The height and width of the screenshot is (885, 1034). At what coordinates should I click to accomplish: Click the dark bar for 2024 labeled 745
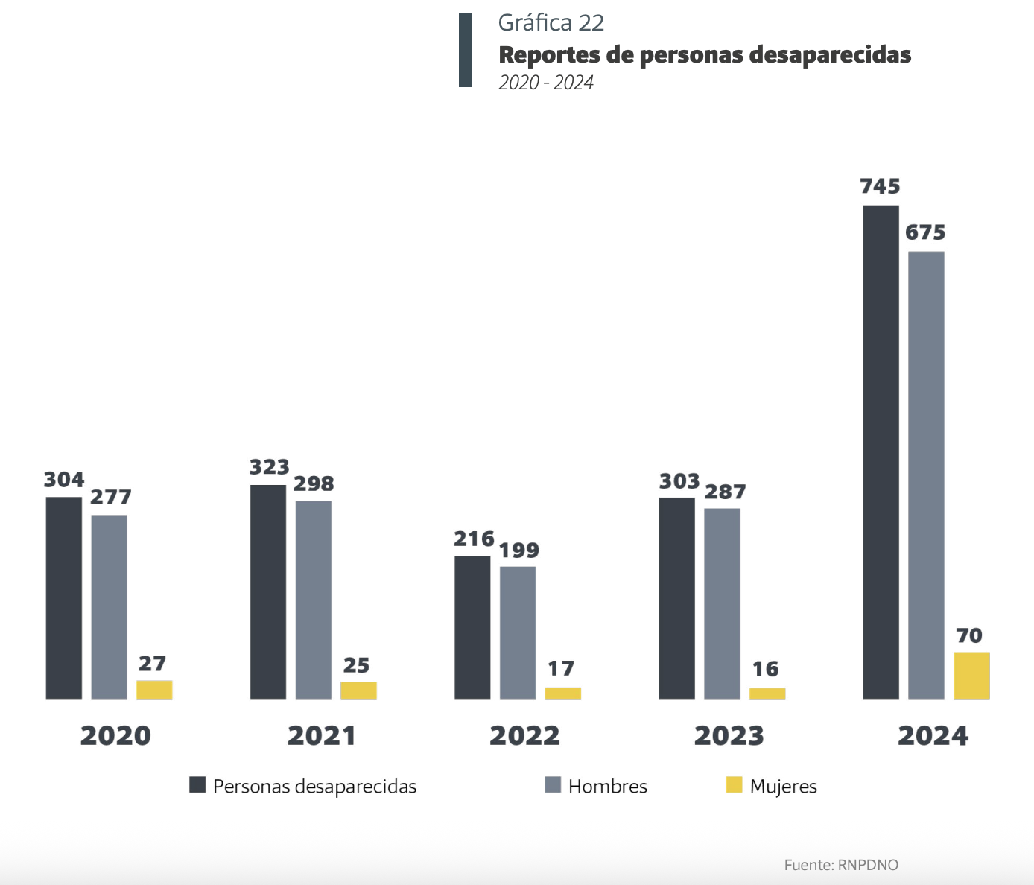881,451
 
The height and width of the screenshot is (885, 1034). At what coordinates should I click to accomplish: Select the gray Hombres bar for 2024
926,475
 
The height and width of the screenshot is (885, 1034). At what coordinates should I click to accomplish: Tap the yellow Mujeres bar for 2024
971,676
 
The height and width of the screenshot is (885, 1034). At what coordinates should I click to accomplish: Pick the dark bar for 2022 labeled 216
472,627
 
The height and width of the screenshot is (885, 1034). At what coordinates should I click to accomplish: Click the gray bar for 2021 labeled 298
313,600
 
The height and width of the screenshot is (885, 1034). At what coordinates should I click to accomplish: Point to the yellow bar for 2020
154,690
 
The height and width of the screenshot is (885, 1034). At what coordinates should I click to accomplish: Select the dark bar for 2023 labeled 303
676,598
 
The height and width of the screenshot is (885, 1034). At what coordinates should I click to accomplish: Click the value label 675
925,233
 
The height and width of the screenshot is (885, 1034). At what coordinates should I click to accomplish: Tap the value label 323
269,467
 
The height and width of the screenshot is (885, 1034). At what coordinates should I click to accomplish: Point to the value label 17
561,669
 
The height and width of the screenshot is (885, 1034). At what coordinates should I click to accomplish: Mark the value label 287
725,492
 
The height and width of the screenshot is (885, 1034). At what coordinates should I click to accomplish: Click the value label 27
152,664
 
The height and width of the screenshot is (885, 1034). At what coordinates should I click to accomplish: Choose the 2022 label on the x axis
524,736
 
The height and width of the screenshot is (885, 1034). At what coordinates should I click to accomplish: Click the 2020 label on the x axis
115,736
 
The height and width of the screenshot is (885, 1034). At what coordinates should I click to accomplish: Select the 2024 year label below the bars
933,736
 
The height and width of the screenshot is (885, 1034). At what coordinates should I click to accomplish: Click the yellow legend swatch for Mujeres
734,785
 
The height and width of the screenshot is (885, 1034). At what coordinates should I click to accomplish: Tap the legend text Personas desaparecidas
314,787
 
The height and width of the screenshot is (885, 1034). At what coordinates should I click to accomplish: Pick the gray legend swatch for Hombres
553,785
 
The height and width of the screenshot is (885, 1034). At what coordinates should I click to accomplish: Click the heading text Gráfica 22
551,23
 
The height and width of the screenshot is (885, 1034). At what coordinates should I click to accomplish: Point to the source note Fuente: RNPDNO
841,865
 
